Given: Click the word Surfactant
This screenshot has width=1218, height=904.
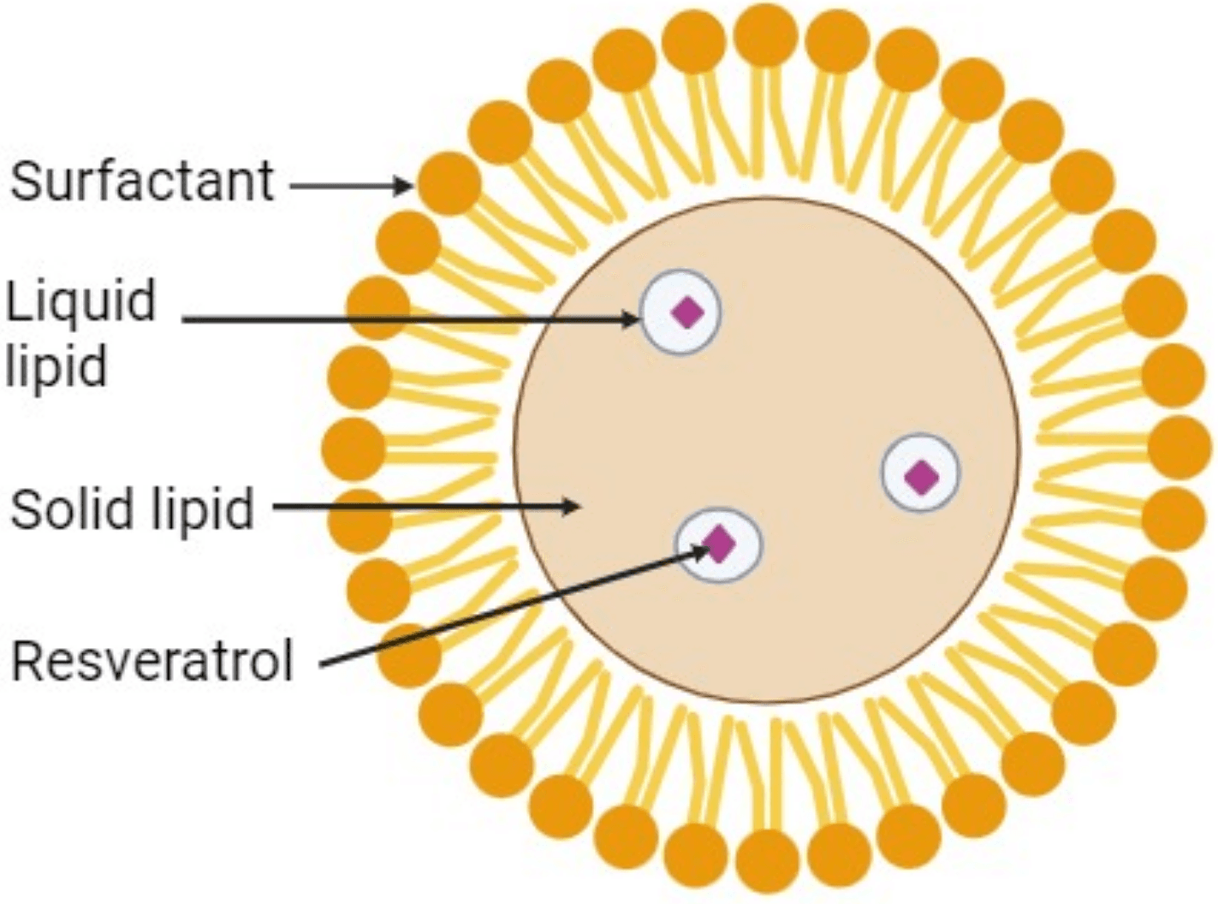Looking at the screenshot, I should [141, 181].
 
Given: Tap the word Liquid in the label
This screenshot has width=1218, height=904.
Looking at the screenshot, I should [81, 302].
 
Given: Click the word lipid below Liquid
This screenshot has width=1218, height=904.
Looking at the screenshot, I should [56, 366].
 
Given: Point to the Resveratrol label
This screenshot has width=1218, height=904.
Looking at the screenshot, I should [152, 661].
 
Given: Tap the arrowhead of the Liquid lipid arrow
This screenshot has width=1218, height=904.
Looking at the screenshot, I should [632, 320].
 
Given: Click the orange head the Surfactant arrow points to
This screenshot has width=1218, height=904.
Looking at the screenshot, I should [449, 183].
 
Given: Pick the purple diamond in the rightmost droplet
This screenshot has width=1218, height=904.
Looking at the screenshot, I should [921, 477].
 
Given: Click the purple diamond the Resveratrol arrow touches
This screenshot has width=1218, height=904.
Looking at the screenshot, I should [719, 543].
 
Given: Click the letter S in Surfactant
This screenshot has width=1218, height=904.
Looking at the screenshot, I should [27, 181].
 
